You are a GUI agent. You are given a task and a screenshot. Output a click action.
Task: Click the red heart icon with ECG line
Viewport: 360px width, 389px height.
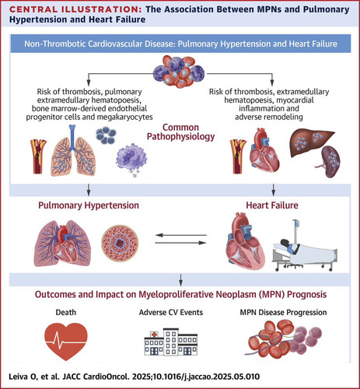click(x=66, y=341)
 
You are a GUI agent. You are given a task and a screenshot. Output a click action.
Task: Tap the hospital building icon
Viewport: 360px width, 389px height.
click(x=171, y=342)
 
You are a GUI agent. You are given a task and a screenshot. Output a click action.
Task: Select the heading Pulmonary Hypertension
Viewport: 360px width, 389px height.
click(x=89, y=205)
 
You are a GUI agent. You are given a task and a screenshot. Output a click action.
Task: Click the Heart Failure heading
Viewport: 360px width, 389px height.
click(x=272, y=205)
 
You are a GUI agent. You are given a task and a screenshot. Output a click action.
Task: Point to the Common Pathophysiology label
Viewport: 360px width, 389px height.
click(x=180, y=132)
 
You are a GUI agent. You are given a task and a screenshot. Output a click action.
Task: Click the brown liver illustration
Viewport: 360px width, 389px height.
click(x=312, y=143)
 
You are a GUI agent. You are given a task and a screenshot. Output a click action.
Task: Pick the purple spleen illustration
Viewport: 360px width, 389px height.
click(x=330, y=161)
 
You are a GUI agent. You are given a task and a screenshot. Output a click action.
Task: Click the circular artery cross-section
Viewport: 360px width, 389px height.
click(x=120, y=243)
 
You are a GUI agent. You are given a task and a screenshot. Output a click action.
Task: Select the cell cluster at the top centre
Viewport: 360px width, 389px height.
click(x=179, y=72)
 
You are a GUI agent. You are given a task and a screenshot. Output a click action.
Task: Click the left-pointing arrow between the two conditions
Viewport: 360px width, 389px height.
click(x=180, y=235)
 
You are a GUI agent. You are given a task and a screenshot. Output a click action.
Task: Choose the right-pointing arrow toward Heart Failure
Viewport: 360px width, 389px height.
click(x=180, y=243)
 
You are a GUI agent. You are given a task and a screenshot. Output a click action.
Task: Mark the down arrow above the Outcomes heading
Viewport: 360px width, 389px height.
click(x=181, y=280)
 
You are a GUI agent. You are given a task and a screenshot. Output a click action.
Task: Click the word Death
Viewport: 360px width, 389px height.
click(x=66, y=312)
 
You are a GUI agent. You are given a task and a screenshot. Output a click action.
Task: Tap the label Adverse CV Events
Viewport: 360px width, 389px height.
click(x=171, y=312)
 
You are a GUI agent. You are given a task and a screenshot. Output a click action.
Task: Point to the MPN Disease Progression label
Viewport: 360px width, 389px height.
click(x=283, y=312)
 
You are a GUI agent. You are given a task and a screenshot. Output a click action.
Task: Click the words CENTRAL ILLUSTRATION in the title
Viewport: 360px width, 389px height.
click(x=75, y=9)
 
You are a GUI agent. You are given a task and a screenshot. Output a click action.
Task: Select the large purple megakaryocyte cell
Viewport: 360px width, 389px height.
click(x=131, y=157)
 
